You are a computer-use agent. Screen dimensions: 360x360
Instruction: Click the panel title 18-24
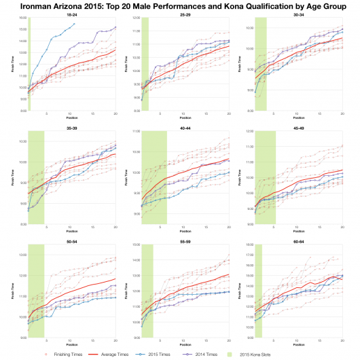pyautogui.click(x=71, y=13)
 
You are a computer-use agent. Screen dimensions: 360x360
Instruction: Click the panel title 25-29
pyautogui.click(x=185, y=13)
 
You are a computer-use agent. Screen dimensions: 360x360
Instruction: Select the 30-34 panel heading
pyautogui.click(x=298, y=13)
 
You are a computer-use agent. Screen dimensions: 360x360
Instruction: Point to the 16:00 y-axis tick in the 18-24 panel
pyautogui.click(x=22, y=18)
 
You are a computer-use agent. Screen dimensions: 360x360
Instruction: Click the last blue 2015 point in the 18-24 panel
pyautogui.click(x=75, y=24)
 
